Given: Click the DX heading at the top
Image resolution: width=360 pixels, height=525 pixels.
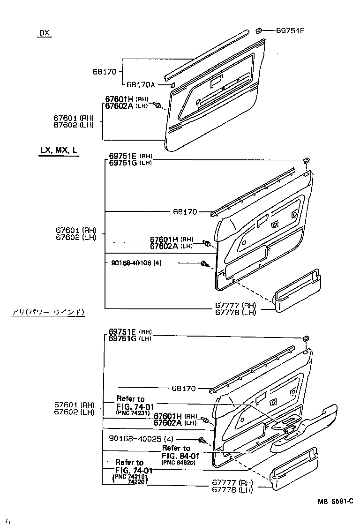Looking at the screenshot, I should click(x=44, y=33).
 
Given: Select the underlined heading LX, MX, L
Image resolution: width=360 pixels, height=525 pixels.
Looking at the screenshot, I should click(x=59, y=150).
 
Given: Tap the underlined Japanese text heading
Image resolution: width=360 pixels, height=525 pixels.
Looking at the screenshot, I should click(x=48, y=312).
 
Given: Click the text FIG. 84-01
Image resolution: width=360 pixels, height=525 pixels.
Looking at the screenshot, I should click(x=180, y=455).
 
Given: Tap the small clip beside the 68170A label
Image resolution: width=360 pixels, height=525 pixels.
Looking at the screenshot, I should click(x=172, y=85).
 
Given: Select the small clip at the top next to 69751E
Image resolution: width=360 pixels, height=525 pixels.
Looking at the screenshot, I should click(x=258, y=30).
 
